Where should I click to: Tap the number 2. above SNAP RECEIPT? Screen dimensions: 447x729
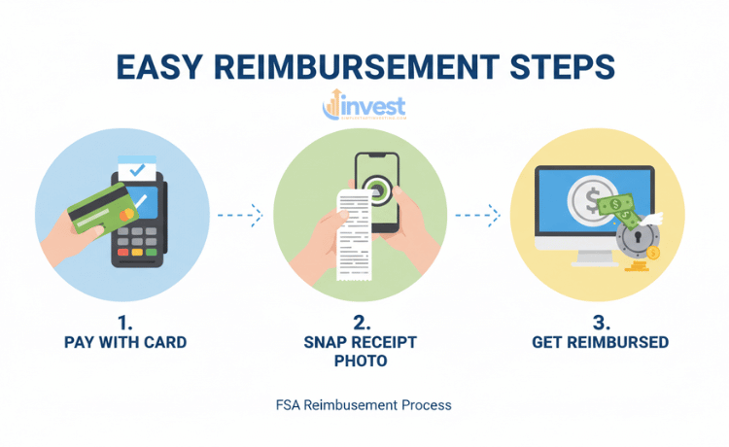coord(360,322)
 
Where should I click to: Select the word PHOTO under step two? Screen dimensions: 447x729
coord(361,361)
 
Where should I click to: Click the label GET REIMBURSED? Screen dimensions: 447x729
coord(601,342)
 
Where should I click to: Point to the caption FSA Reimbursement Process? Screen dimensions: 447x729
coord(364,403)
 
